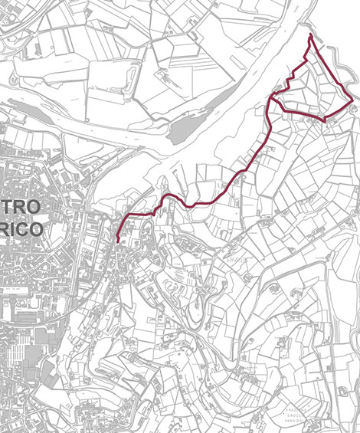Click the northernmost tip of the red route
[309, 35]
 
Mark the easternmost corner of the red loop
[352, 100]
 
